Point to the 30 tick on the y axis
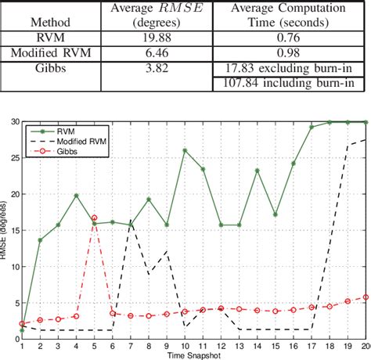tap(16, 122)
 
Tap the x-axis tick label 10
tap(184, 346)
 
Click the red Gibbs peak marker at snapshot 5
tap(94, 218)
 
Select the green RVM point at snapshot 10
tap(185, 150)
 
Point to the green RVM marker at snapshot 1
tap(22, 330)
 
